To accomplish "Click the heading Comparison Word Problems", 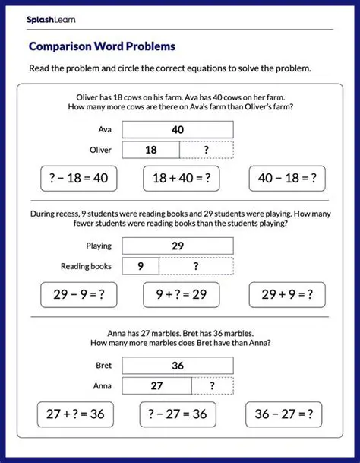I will coord(102,46).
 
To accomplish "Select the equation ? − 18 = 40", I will coord(69,179).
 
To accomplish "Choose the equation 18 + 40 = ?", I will coord(180,179).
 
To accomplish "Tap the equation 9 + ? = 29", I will coord(181,295).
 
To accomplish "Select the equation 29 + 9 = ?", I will coord(288,295).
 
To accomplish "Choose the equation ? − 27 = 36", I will coord(178,415).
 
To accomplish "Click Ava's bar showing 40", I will coord(178,130).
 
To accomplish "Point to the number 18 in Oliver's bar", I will coord(150,150).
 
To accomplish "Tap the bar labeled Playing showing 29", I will coord(178,246).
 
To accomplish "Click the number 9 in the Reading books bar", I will coord(141,266).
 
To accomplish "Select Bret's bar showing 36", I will coord(178,366).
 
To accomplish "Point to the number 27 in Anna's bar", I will coord(156,385).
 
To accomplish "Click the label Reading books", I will coord(86,266).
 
